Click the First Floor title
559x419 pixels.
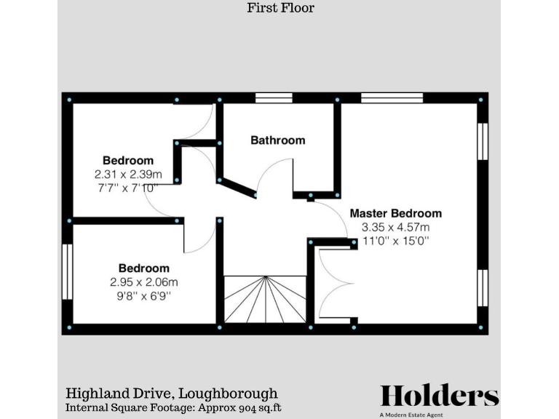(280, 9)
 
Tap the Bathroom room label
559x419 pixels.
(277, 140)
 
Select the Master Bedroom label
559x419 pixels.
(395, 213)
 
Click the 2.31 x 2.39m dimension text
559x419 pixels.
(128, 175)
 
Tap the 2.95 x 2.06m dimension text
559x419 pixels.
(144, 282)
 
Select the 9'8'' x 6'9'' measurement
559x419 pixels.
(144, 295)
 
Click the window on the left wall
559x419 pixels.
(66, 271)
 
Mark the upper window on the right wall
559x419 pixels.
(482, 140)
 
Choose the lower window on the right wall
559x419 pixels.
(482, 292)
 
